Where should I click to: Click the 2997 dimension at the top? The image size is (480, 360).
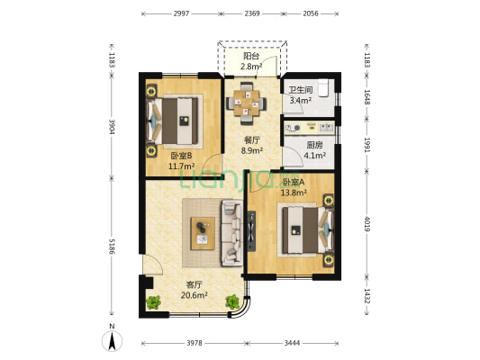coord(181,13)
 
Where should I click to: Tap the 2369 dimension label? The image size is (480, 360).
coord(252,13)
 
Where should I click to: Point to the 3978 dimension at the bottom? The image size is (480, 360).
coord(195,343)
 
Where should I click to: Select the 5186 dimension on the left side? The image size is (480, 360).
coord(112,247)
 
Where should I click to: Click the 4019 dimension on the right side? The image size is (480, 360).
coord(367,224)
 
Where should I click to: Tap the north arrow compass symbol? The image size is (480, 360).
coord(112,340)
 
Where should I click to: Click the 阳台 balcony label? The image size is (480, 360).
coord(251,57)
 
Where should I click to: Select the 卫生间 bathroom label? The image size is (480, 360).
coord(301,90)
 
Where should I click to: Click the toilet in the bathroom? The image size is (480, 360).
coord(323,88)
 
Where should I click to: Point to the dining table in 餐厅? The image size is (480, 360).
coord(246,103)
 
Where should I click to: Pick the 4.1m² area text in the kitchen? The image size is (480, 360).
coord(314,156)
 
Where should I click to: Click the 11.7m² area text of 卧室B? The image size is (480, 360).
coord(181,166)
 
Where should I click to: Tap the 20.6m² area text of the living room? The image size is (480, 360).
coord(195,295)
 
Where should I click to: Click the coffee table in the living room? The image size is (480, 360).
coord(203,234)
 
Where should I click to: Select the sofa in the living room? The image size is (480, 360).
coord(232,233)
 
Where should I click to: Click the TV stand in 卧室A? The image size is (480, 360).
coord(251,231)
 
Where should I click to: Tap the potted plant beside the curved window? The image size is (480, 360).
coord(232,301)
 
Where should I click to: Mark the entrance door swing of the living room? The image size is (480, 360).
coord(152,265)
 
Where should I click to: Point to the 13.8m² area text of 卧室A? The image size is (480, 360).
coord(294,193)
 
